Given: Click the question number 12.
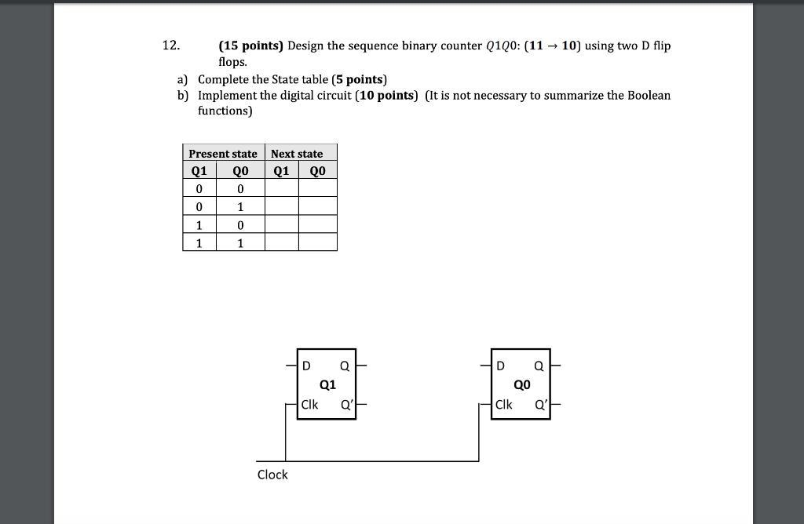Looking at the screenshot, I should point(171,45).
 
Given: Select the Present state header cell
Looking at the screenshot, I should point(223,154).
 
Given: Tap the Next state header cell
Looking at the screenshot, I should point(297,154).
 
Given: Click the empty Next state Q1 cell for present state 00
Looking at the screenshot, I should point(281,188).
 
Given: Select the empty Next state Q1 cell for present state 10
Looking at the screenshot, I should point(281,225).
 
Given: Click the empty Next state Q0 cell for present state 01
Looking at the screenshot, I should point(318,207).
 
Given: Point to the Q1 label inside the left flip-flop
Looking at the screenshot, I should point(328,385).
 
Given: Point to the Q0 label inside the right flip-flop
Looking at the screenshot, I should point(522,385).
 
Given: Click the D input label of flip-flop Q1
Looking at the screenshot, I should point(307,366).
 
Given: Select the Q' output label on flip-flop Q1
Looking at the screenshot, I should point(346,405).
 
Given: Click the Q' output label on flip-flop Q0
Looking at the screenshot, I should point(540,405).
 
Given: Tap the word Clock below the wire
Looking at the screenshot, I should point(272,475).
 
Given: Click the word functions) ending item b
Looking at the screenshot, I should point(225,111).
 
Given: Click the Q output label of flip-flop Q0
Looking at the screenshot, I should point(539,366).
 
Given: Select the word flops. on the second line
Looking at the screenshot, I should point(234,60).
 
